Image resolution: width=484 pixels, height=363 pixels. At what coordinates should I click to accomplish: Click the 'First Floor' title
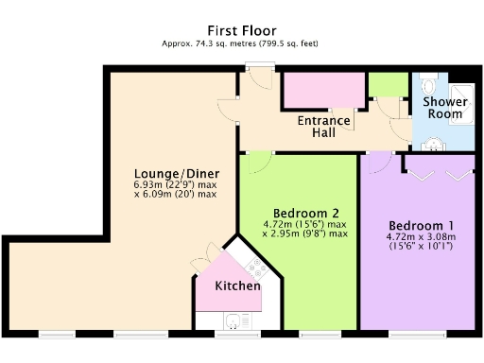241,30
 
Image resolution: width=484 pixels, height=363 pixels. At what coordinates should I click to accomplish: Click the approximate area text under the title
241,43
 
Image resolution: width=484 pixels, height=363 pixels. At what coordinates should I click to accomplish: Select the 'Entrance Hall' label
324,127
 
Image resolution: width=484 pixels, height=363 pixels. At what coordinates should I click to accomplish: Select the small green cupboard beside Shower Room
387,83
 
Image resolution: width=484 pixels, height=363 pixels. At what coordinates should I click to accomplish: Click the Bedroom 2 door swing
252,164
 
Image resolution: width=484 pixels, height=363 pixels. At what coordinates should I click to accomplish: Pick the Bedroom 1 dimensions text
420,241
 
